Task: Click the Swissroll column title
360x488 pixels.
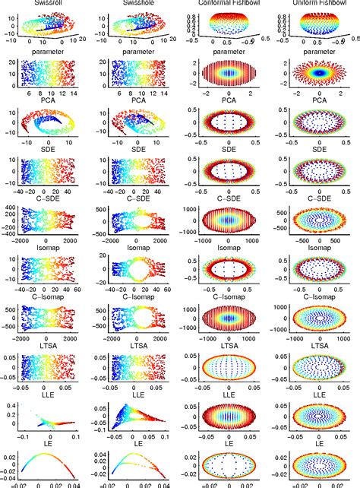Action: [49, 3]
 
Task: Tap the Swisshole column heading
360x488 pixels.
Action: [138, 3]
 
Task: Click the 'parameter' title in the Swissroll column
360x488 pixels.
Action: [49, 52]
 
